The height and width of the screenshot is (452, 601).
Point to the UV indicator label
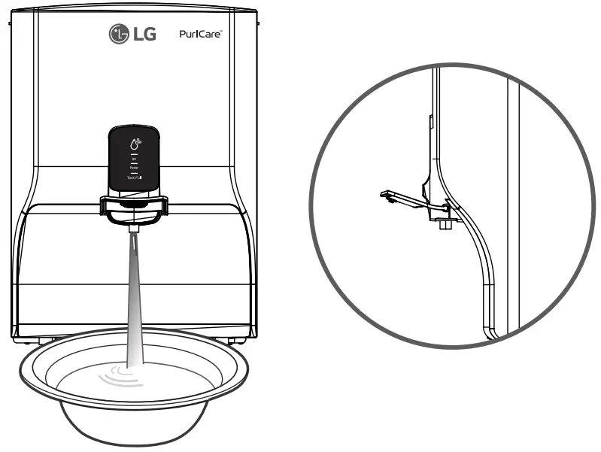tap(134, 159)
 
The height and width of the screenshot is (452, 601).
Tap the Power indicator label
tap(134, 168)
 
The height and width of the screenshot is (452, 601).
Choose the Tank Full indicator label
tap(134, 177)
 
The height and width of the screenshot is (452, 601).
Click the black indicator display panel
tap(134, 158)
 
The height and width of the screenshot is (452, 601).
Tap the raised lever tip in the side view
tap(385, 194)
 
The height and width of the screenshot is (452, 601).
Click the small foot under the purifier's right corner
tap(238, 338)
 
